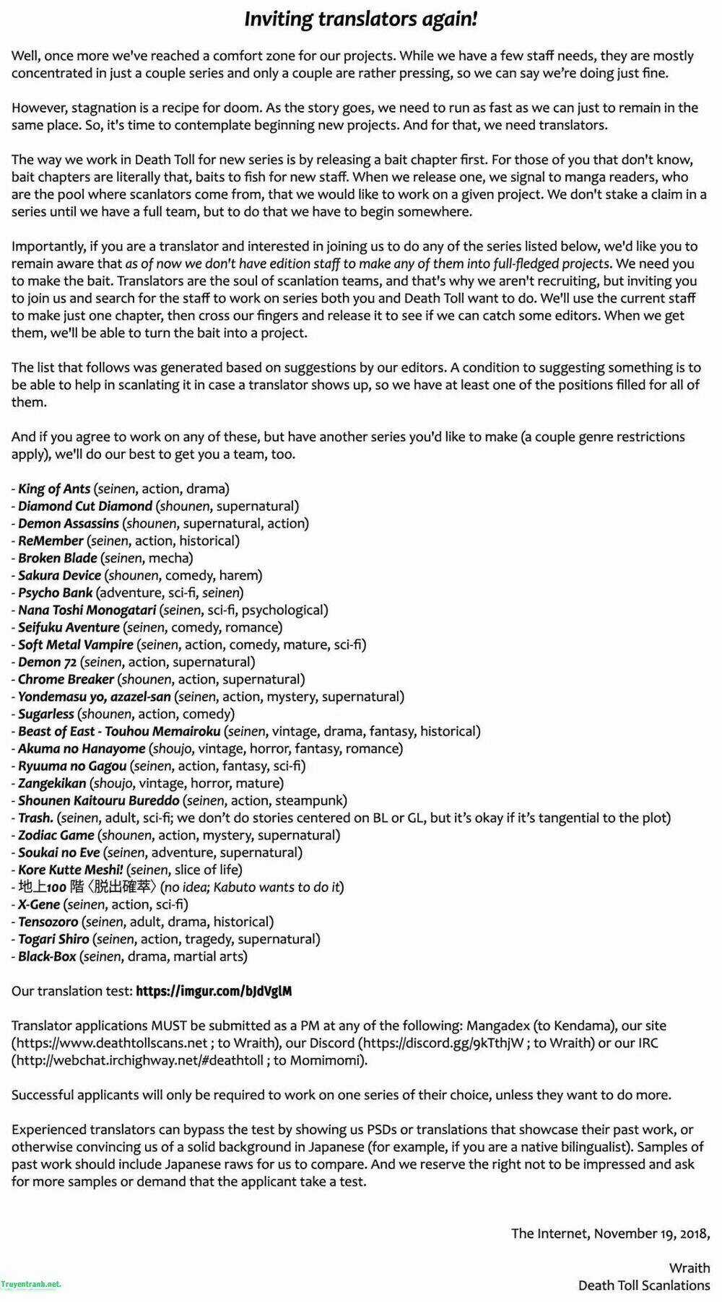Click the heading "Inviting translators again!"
pos(360,19)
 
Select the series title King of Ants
pos(54,489)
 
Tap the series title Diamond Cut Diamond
pos(85,506)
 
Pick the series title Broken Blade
pos(58,558)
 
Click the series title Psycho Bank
pos(56,593)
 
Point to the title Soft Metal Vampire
pos(76,645)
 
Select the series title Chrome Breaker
pos(66,679)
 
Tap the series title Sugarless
pos(46,714)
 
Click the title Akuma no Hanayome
pos(82,748)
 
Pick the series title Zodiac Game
pos(56,835)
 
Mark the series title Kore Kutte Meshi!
pos(70,870)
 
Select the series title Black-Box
pos(47,956)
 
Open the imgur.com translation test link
pos(214,991)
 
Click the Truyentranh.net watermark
pos(30,1284)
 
